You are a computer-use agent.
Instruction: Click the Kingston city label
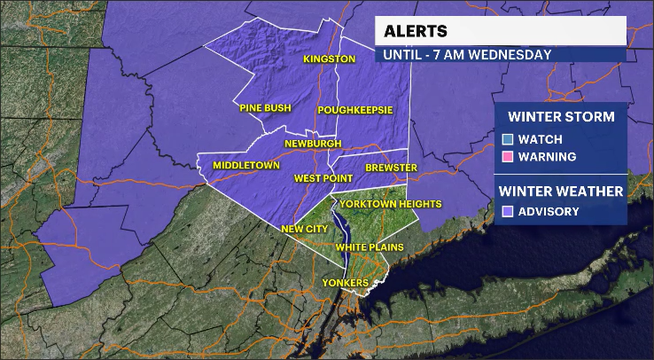[329, 59]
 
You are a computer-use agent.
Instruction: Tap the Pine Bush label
[265, 108]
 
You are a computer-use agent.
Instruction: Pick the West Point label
[323, 179]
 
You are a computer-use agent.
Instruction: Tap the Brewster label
[391, 168]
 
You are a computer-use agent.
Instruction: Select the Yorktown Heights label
[397, 204]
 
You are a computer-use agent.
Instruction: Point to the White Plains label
[370, 246]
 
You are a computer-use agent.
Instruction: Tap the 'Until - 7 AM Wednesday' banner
[467, 54]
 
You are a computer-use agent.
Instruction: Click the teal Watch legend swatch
[507, 139]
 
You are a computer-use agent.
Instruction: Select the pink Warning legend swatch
[507, 157]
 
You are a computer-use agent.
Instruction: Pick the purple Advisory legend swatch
[507, 211]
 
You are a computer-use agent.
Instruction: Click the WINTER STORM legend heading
[561, 117]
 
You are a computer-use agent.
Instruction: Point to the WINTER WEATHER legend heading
[560, 190]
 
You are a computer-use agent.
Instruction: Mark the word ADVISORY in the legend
[549, 211]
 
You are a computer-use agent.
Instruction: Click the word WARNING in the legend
[547, 157]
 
